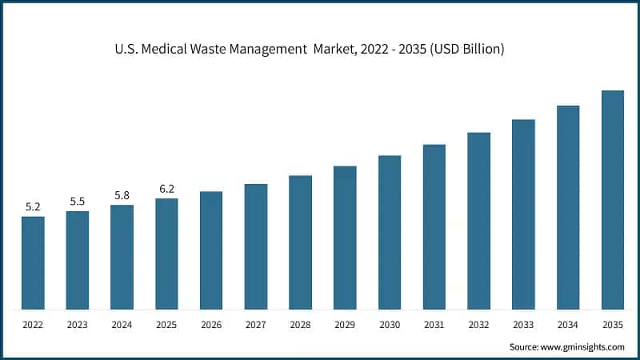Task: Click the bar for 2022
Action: pos(33,262)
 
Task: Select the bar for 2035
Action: pos(612,200)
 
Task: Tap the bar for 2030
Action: pos(390,232)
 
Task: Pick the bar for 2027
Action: pos(256,246)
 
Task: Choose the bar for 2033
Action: pos(523,214)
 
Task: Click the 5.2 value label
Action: pos(33,206)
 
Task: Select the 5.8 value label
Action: pos(122,195)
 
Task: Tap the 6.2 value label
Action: pos(166,189)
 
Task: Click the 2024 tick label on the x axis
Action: pos(122,325)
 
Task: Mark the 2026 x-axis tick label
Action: pos(211,325)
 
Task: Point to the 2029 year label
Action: pos(345,325)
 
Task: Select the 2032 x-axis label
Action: pos(478,325)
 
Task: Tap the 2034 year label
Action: pos(568,325)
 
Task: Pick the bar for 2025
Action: pos(166,254)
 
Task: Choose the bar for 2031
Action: pos(434,227)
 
